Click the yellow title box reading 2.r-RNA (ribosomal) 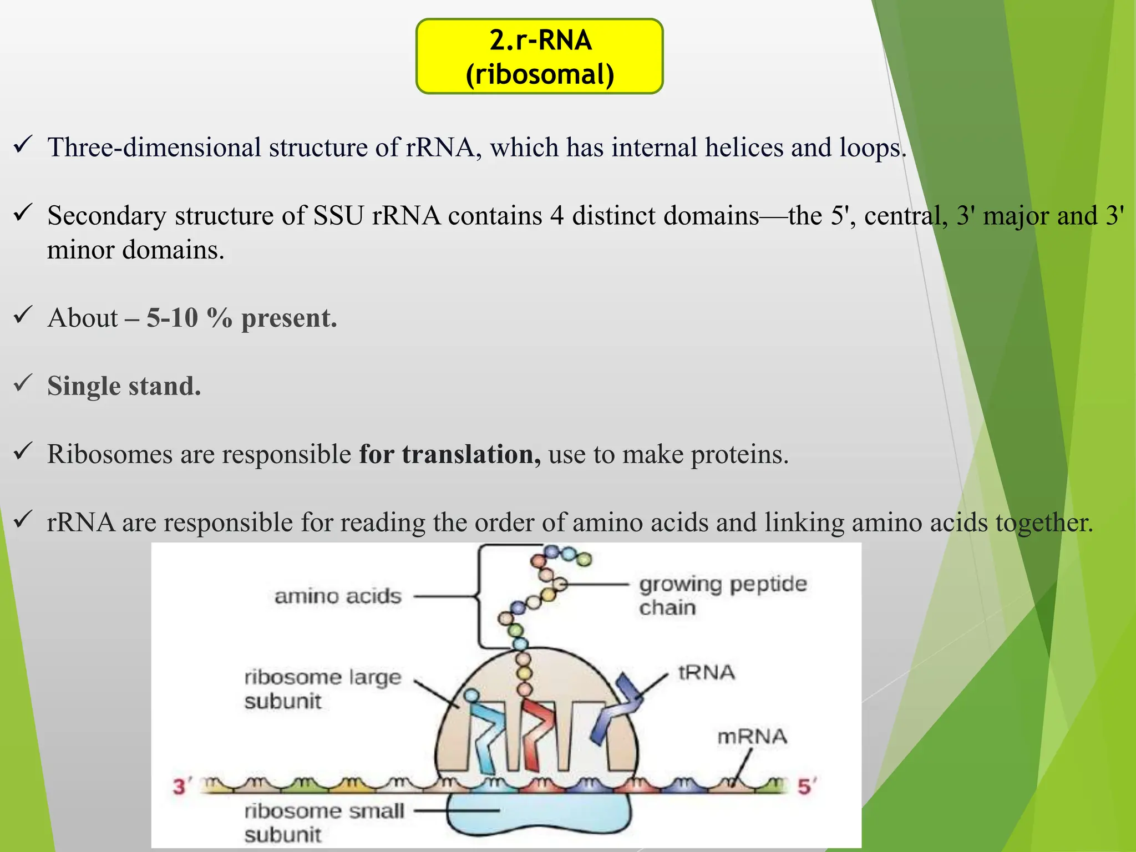pos(539,57)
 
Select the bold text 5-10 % pos(189,318)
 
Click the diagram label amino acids pos(338,596)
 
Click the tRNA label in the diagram pos(706,673)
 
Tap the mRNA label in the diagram pos(752,737)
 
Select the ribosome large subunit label pos(322,689)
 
